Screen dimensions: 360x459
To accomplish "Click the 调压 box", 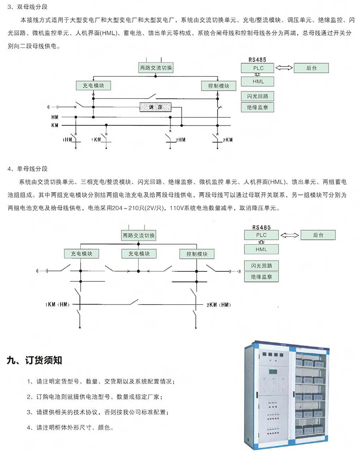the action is (x=156, y=107).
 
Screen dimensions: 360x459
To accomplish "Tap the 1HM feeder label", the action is (x=67, y=140).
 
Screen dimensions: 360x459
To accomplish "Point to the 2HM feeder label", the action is (x=180, y=140).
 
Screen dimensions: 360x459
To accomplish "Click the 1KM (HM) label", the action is (x=57, y=305).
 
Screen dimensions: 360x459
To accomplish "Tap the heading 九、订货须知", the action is (x=34, y=360).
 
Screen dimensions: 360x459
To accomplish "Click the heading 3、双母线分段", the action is (x=28, y=7).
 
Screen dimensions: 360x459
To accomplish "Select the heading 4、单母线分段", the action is (x=28, y=168).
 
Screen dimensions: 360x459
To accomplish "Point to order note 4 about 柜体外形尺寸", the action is (x=70, y=427).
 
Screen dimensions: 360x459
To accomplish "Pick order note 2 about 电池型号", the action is (x=94, y=397).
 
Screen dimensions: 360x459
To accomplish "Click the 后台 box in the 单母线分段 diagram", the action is (x=318, y=235).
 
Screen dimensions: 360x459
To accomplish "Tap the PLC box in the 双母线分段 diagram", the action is (x=258, y=68).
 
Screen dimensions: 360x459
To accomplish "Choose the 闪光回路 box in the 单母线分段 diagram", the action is (x=261, y=266).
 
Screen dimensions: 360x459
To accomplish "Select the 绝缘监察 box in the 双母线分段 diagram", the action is (x=258, y=107).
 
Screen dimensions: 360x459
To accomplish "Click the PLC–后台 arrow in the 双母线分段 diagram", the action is (x=284, y=68).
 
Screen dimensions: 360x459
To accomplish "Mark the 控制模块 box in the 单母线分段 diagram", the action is (x=197, y=254).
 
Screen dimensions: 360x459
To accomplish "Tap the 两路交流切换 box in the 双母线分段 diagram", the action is (x=156, y=68).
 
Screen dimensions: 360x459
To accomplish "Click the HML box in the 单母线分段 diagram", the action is (x=261, y=249).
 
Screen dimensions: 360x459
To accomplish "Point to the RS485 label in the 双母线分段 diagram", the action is (x=257, y=60).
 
